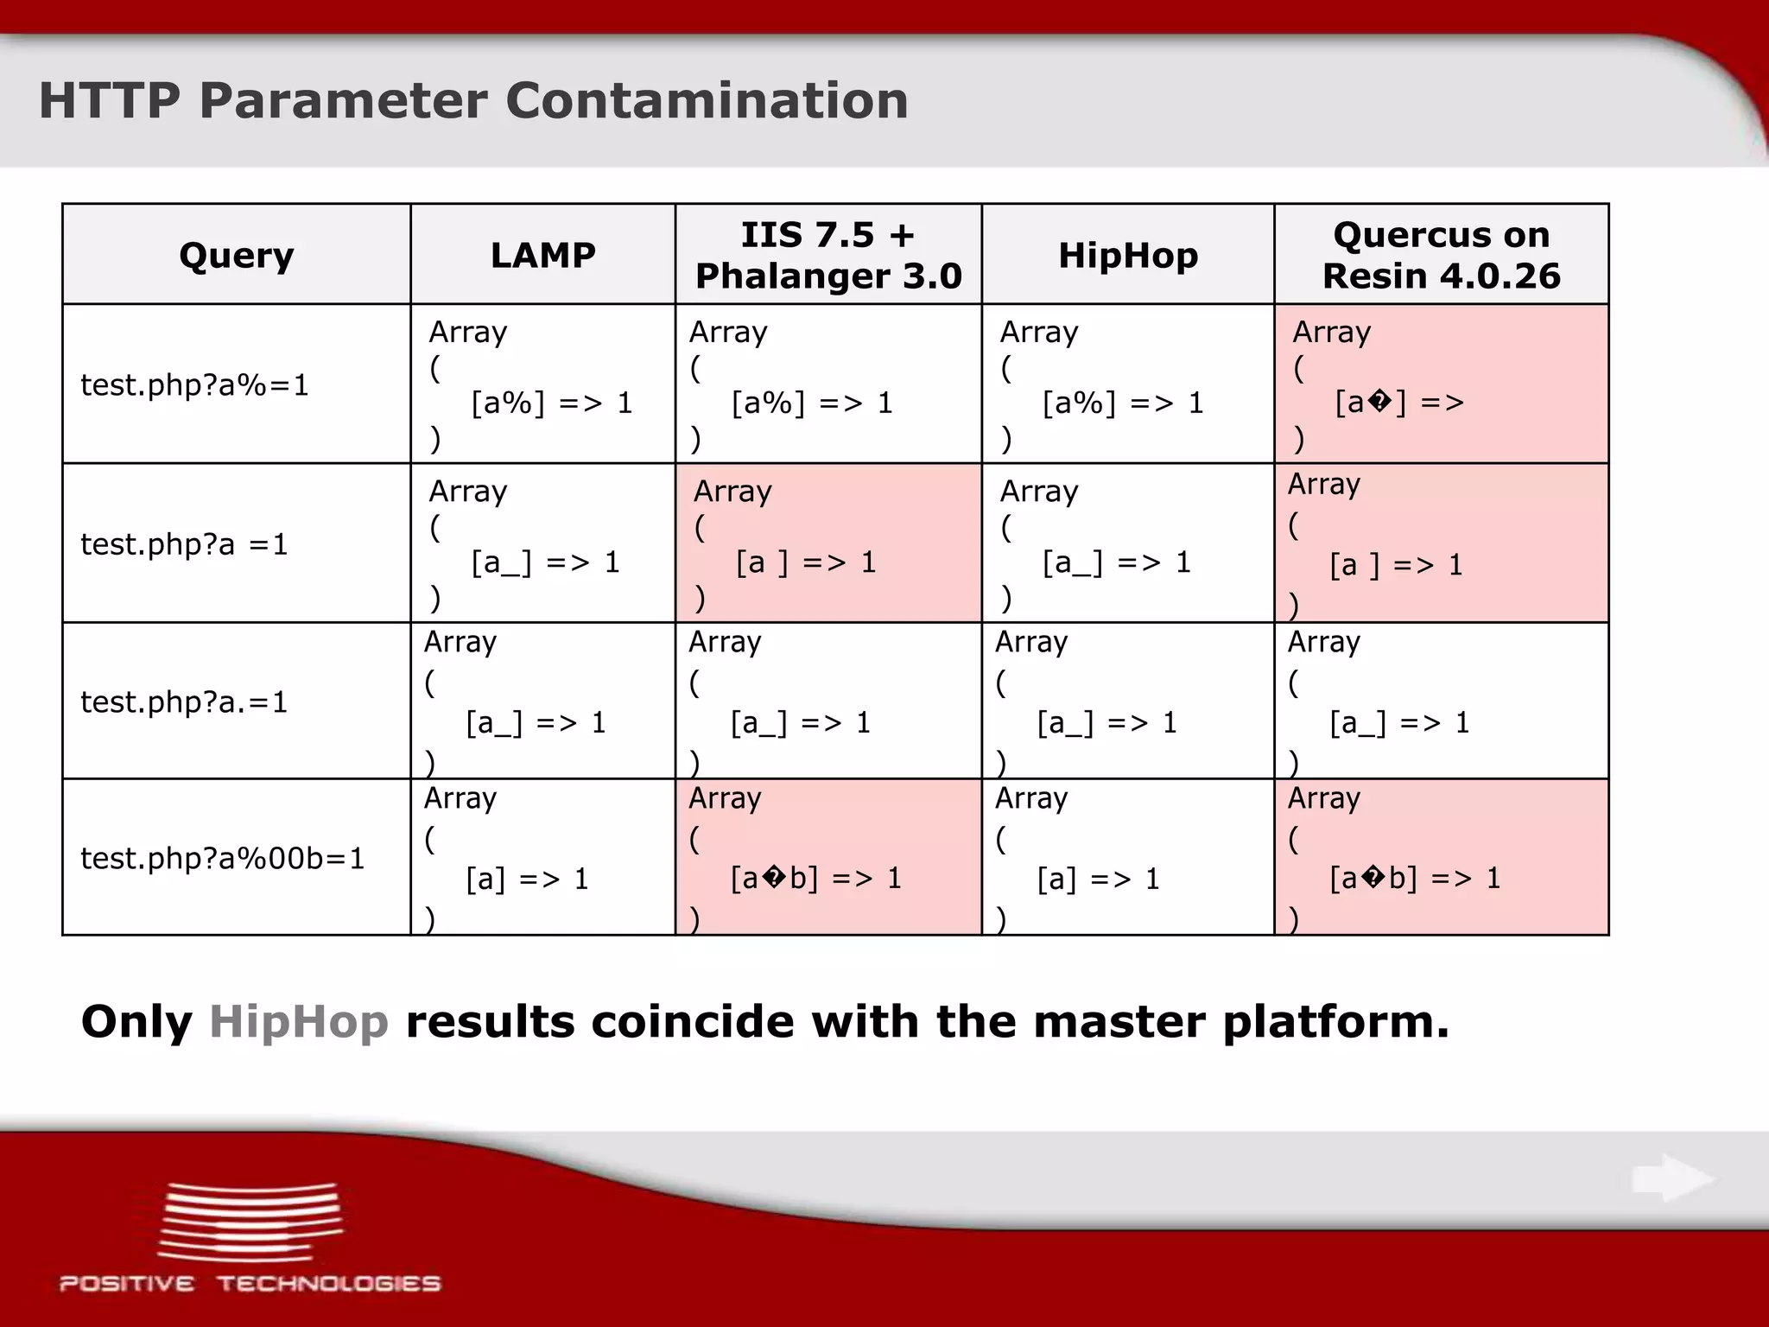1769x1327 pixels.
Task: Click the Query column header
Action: pos(236,256)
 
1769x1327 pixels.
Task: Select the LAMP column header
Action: pos(542,256)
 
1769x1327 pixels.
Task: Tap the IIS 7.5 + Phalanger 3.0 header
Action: pos(827,256)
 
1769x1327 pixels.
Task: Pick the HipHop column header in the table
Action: pos(1127,256)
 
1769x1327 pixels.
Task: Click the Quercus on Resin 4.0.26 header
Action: pos(1441,256)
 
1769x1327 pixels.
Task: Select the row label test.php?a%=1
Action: pos(194,385)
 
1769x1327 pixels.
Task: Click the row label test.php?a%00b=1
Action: pos(222,859)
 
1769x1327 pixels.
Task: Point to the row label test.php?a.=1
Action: pos(183,702)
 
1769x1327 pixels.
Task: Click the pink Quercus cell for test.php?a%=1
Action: pos(1441,384)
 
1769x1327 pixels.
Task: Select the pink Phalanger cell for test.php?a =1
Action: pos(827,543)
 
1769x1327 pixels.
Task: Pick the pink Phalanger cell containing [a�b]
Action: pos(827,858)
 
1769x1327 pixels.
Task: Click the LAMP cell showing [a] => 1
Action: pos(542,858)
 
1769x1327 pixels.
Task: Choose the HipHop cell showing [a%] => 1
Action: pos(1127,384)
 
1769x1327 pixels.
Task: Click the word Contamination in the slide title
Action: pos(707,100)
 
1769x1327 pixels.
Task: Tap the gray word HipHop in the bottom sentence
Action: pos(299,1022)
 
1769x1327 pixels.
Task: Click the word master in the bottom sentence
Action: pos(1115,1022)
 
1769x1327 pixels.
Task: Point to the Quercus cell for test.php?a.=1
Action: pos(1441,702)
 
